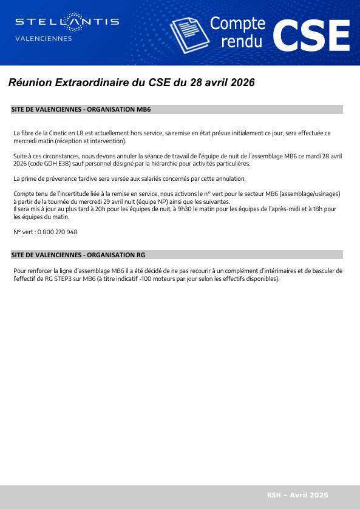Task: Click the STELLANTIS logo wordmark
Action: point(67,22)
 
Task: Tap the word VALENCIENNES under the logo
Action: point(43,39)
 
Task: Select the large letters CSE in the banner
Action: point(311,35)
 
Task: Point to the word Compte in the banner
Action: point(237,24)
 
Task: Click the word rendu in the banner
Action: point(242,41)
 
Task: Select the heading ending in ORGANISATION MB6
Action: point(81,110)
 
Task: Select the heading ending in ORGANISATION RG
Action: point(78,255)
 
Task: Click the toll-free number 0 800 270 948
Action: point(57,232)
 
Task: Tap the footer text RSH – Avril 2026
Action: point(297,495)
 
